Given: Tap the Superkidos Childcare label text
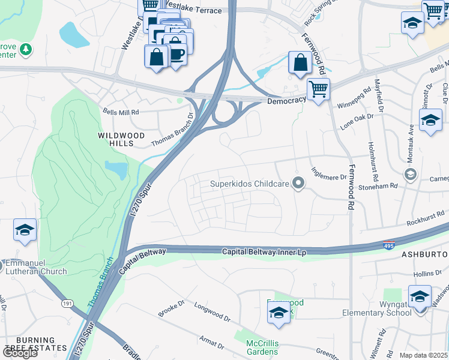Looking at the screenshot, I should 250,184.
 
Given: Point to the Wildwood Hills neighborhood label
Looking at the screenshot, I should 122,136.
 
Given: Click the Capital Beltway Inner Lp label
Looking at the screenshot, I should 264,252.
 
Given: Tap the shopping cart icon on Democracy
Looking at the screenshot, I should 318,90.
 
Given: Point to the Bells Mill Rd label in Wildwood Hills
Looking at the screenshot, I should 121,112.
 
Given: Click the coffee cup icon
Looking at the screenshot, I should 177,54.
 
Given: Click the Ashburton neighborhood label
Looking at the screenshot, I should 424,255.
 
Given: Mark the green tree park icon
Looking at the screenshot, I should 25,49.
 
